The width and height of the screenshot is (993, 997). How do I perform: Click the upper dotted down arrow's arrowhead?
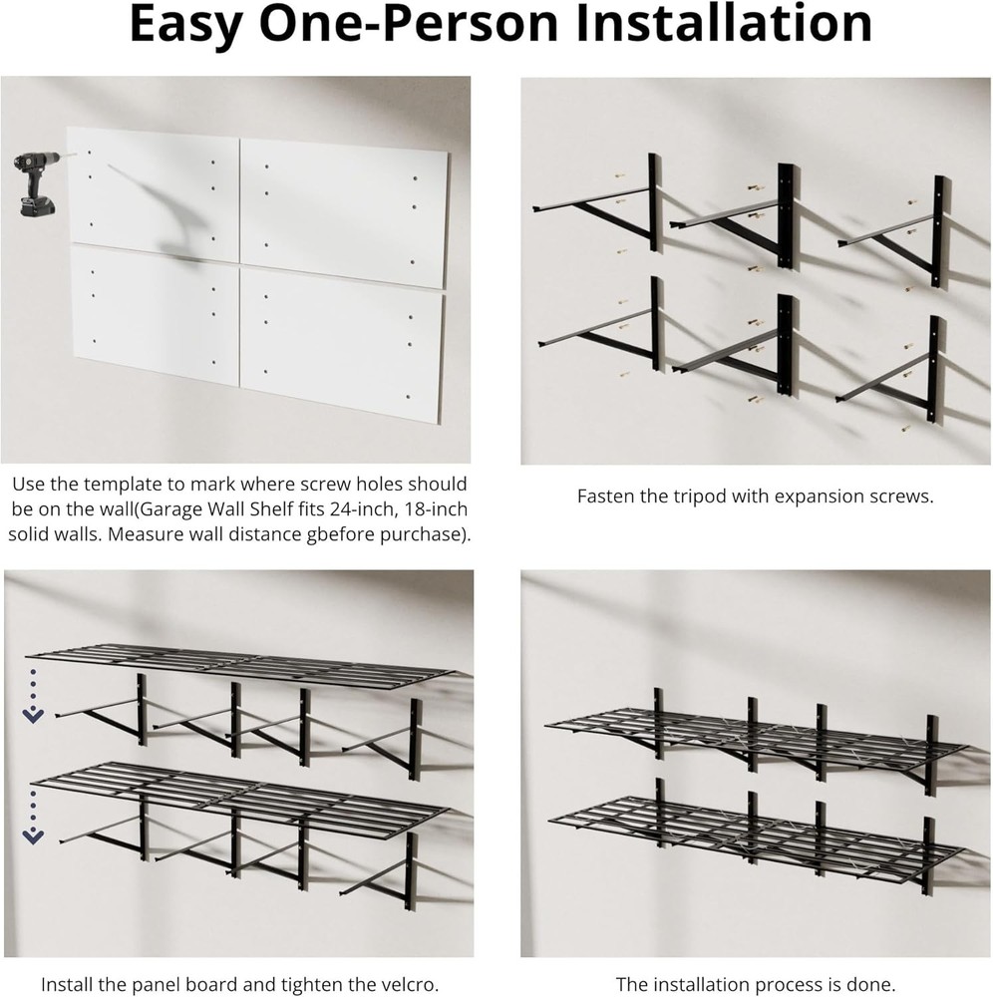33,716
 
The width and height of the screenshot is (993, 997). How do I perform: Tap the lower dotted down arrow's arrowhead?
33,836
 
